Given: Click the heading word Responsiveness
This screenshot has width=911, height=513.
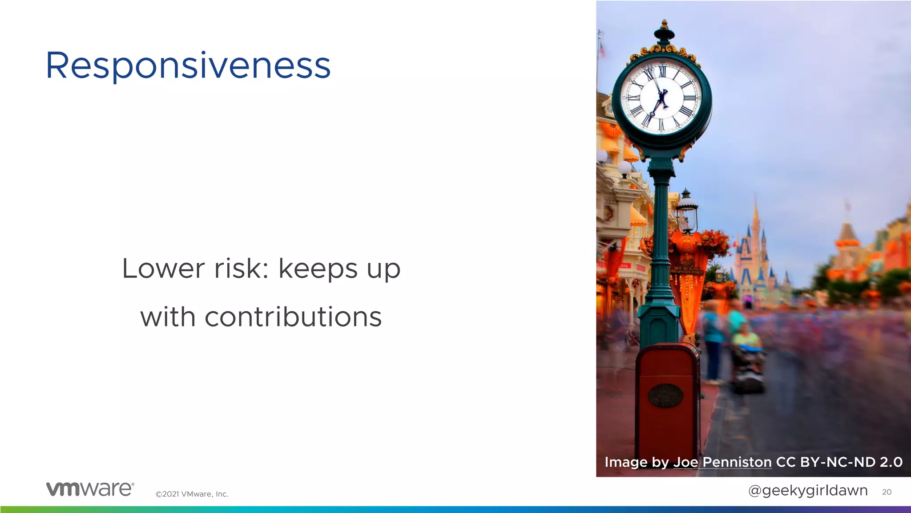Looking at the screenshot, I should pos(188,66).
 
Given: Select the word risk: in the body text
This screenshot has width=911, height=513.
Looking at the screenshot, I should pos(242,269).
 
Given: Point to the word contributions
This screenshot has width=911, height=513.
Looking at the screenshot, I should pos(293,317).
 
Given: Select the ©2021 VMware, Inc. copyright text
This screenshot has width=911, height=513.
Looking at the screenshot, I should pos(192,494).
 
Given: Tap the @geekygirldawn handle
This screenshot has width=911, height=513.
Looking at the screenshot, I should pos(808,490).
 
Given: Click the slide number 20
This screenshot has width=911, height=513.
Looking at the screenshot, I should pos(887,492).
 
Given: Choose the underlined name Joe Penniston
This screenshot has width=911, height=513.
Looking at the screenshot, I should pos(722,462).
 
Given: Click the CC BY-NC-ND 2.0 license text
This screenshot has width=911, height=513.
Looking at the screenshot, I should pos(839,462).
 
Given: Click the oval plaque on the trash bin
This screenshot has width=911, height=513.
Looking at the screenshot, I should pos(665,395).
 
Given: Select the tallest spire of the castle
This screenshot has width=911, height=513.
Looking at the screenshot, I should pos(755,214).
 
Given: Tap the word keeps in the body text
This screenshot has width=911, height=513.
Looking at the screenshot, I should pos(318,269).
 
